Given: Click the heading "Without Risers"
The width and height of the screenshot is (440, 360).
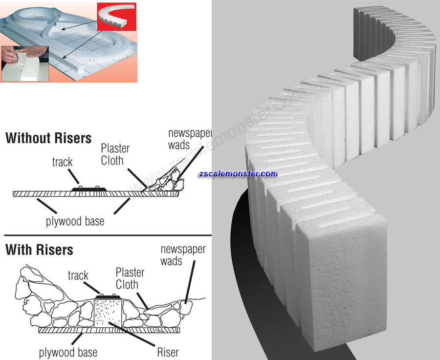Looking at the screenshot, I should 48,138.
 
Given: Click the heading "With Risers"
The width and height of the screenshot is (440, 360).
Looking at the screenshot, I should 39,250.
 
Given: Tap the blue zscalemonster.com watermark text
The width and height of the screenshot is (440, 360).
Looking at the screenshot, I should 238,173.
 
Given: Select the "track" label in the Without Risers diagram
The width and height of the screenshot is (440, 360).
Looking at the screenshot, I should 62,162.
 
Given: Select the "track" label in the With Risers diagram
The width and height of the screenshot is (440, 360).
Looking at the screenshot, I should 78,275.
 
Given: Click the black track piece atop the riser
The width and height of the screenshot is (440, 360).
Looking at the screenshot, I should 108,296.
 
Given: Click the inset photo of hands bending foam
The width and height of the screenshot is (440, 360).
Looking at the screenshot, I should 24,64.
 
